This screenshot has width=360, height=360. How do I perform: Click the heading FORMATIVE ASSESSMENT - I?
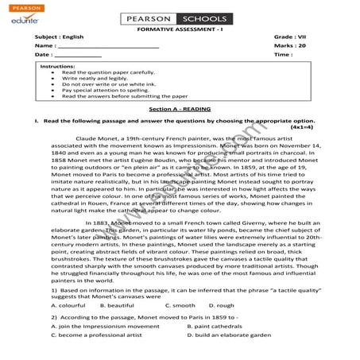click(180, 28)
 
